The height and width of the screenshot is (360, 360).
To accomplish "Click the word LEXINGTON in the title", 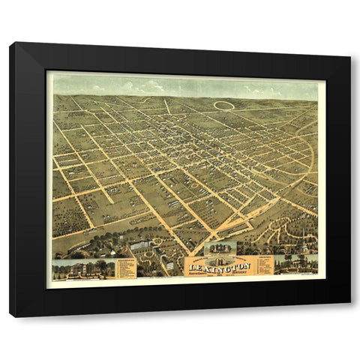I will click(220, 266).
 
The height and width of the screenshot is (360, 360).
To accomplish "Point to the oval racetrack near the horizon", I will click(223, 105).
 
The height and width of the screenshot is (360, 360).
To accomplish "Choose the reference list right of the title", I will click(265, 265).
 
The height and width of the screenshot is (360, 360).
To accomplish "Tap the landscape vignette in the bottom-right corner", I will click(295, 265).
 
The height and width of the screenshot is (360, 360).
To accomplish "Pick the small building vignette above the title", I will click(220, 248).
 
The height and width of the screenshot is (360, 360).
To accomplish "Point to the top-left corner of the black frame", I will click(10, 43).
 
